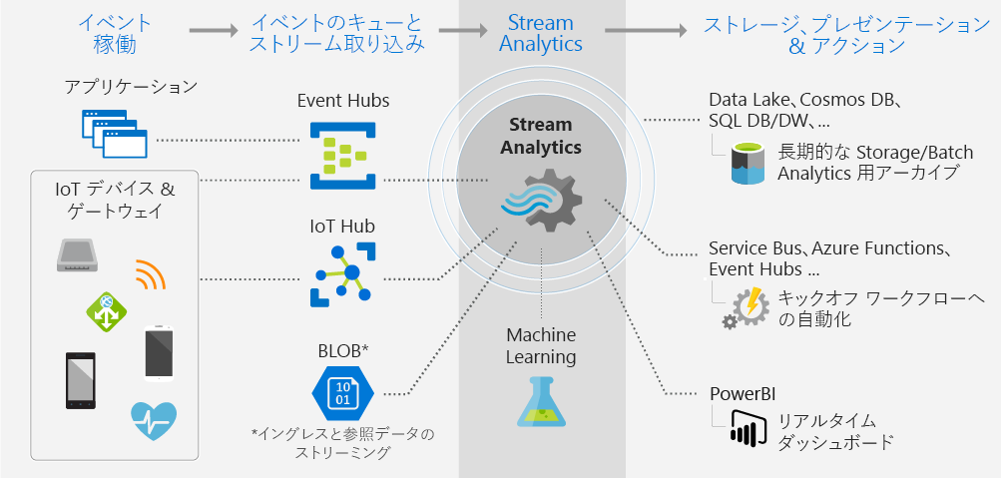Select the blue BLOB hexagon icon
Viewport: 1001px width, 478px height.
(343, 392)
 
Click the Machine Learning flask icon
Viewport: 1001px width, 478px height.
(541, 401)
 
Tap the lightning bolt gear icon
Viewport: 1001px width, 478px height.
(745, 307)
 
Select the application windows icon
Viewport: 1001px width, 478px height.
(115, 134)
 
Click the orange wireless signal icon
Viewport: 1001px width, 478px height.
(151, 274)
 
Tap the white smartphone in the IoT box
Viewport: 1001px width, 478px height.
(159, 353)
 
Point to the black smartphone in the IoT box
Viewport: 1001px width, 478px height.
(81, 381)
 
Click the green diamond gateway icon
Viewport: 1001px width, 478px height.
(107, 311)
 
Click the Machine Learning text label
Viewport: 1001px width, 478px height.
(541, 346)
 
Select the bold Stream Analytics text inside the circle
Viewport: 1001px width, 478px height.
(541, 136)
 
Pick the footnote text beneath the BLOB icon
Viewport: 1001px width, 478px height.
(343, 443)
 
